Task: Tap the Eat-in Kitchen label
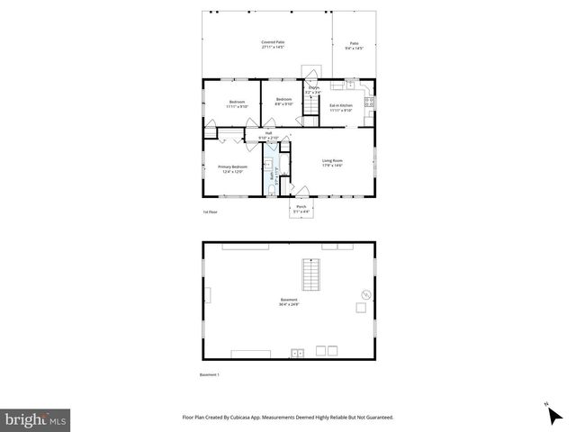tap(340, 108)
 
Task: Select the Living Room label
tap(333, 163)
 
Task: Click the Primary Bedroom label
tap(232, 168)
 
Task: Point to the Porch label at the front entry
tap(301, 210)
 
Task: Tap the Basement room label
tap(288, 301)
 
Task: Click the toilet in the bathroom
tap(272, 190)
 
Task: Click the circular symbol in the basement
tap(366, 294)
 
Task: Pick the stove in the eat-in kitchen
tap(369, 103)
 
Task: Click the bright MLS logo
tap(36, 419)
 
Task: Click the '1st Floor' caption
tap(211, 211)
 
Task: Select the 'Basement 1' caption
tap(210, 374)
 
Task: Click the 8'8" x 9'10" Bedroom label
tap(284, 101)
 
